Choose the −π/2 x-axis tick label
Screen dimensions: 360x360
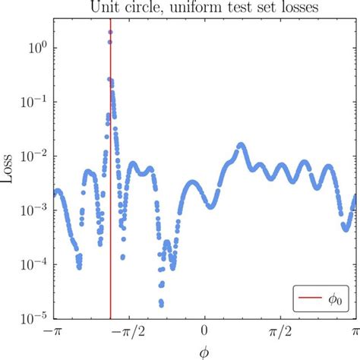coord(128,332)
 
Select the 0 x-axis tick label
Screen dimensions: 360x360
coord(204,332)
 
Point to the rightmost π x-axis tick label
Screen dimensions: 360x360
coord(353,332)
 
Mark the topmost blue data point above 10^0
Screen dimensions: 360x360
coord(111,32)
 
